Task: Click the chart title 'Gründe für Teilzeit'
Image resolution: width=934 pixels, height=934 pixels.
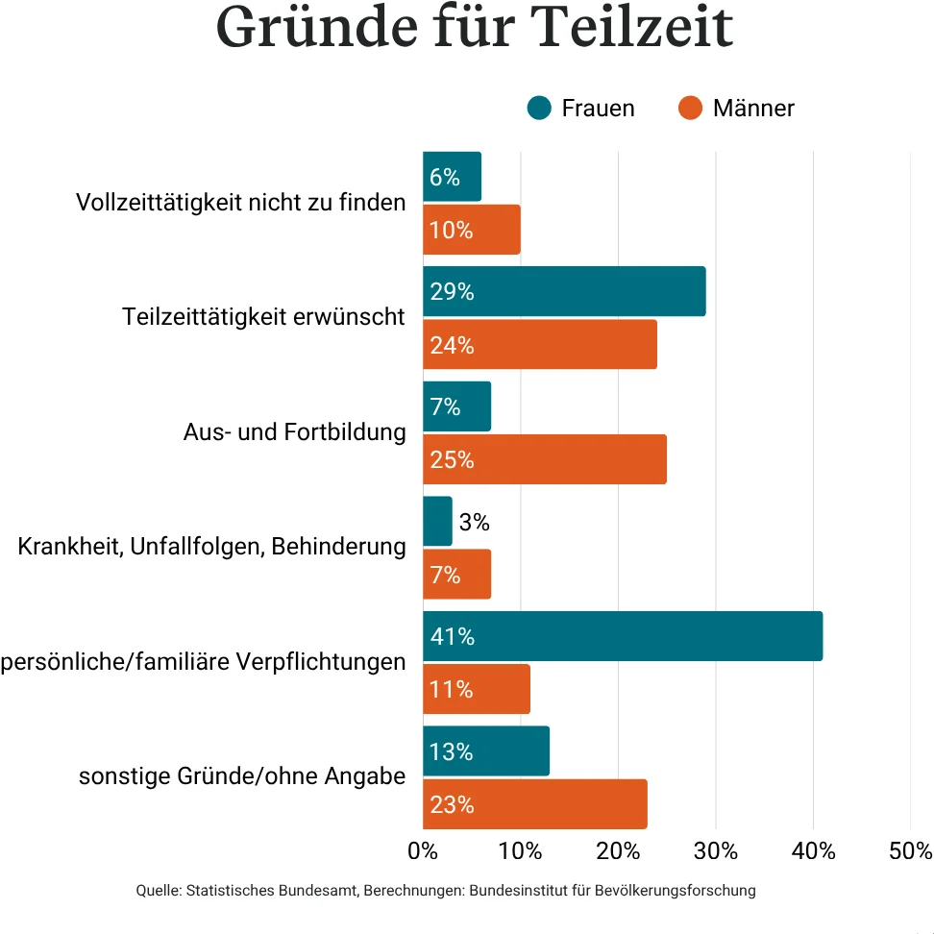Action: (x=474, y=29)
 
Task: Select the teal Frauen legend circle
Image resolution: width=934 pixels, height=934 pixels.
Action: (x=539, y=108)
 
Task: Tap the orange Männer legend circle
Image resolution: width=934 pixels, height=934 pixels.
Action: (x=690, y=108)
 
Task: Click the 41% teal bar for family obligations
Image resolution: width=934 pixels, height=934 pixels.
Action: (x=623, y=636)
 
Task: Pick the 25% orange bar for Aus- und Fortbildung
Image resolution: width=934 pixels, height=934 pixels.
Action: (x=545, y=459)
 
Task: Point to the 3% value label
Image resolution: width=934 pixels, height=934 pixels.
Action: (x=475, y=523)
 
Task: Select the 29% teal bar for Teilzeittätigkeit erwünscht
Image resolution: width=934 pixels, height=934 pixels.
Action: (x=564, y=291)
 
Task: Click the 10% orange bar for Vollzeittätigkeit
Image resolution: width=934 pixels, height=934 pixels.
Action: (x=472, y=230)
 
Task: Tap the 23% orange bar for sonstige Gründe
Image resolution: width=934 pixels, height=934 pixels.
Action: (x=535, y=804)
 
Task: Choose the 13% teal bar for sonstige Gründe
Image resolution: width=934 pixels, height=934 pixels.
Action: (x=486, y=751)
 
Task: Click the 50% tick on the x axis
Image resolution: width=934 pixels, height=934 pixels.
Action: (x=911, y=851)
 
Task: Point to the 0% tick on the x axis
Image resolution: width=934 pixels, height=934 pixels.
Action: (x=423, y=851)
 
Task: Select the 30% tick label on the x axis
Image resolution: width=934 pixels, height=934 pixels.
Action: (x=716, y=851)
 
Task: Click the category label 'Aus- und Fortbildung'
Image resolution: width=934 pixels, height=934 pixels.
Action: (x=294, y=432)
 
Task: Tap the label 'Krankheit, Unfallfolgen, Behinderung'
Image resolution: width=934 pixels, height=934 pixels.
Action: (x=211, y=548)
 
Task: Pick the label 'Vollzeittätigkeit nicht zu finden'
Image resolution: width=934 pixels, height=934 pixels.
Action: (x=240, y=203)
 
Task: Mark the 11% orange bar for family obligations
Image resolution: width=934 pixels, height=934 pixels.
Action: (x=477, y=689)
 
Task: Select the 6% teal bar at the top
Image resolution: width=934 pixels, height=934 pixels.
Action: (x=452, y=177)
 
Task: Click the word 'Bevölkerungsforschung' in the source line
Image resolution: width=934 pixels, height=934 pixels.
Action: (x=676, y=891)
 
